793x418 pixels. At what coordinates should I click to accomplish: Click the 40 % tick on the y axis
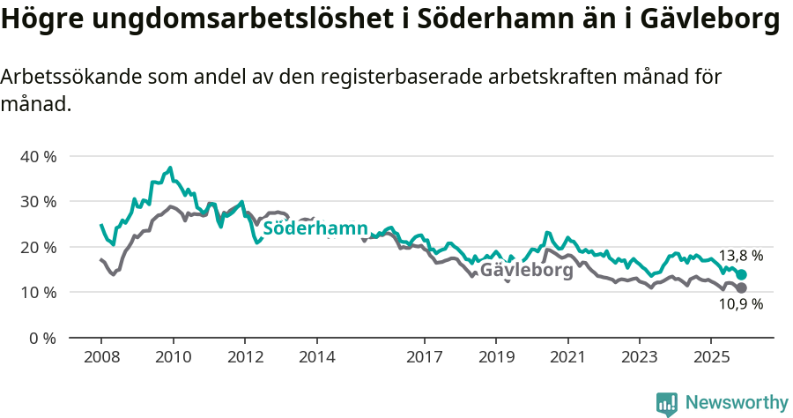click(x=37, y=156)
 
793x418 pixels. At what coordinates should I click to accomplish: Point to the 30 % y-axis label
click(x=37, y=201)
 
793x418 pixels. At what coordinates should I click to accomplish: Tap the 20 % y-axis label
click(x=37, y=247)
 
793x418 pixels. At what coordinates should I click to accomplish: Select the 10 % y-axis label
click(x=37, y=292)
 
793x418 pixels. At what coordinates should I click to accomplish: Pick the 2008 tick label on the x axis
click(x=100, y=358)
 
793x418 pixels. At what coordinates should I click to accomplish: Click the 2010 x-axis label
click(x=173, y=358)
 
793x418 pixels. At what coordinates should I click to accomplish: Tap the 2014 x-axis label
click(x=316, y=358)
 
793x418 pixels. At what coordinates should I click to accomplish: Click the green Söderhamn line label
click(x=315, y=228)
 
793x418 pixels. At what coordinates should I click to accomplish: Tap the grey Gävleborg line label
click(x=526, y=271)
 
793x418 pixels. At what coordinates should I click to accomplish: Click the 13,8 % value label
click(x=740, y=256)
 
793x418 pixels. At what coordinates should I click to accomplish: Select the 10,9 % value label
click(x=740, y=305)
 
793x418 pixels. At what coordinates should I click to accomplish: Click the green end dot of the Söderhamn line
click(x=742, y=275)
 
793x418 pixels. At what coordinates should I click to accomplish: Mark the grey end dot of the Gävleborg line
click(x=742, y=288)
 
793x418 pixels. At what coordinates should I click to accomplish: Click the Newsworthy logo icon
click(x=666, y=403)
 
